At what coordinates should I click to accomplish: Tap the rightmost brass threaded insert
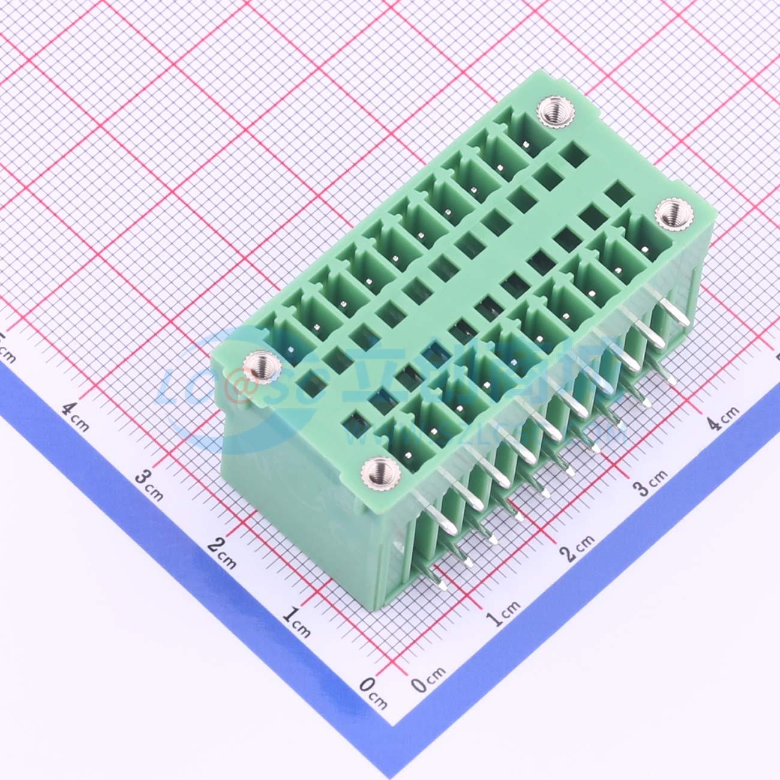(668, 213)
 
